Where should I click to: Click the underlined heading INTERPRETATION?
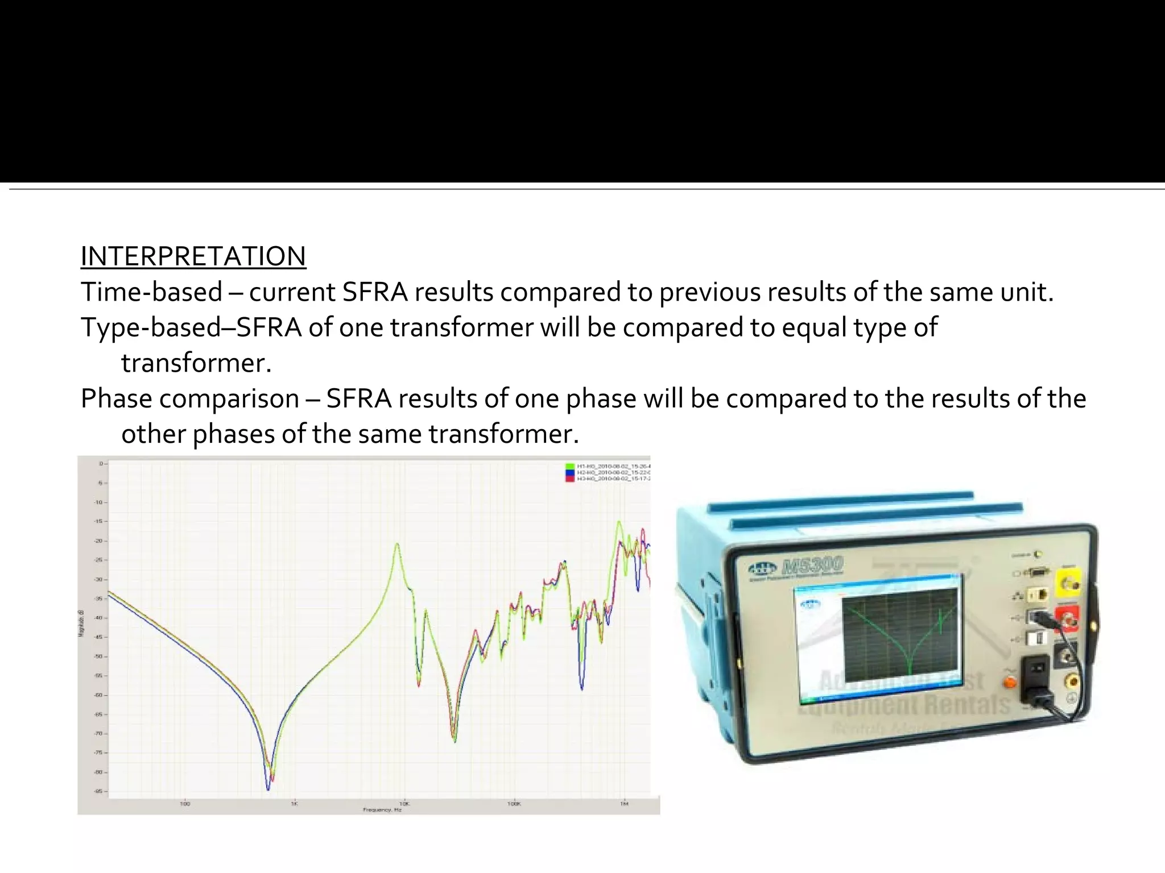click(x=193, y=256)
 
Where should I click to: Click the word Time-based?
click(x=151, y=292)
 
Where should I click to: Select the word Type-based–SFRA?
click(x=191, y=328)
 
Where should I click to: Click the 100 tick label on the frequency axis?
click(x=184, y=804)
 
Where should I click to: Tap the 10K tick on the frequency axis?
click(x=404, y=804)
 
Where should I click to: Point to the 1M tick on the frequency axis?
click(x=624, y=804)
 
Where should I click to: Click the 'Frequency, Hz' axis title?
click(x=382, y=810)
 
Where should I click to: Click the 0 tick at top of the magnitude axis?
click(x=101, y=464)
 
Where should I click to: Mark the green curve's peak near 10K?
click(x=397, y=544)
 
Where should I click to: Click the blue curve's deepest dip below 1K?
click(x=268, y=789)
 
